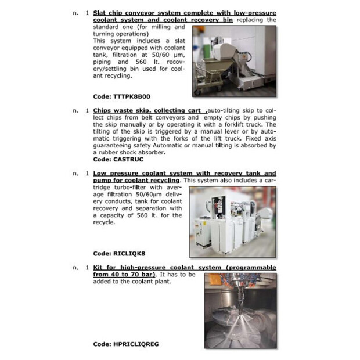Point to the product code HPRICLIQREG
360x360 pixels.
[126, 344]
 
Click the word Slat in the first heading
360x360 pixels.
[100, 13]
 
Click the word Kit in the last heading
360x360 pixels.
[99, 267]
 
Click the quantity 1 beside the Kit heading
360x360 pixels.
[87, 267]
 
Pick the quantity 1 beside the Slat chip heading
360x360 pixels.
[87, 13]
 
